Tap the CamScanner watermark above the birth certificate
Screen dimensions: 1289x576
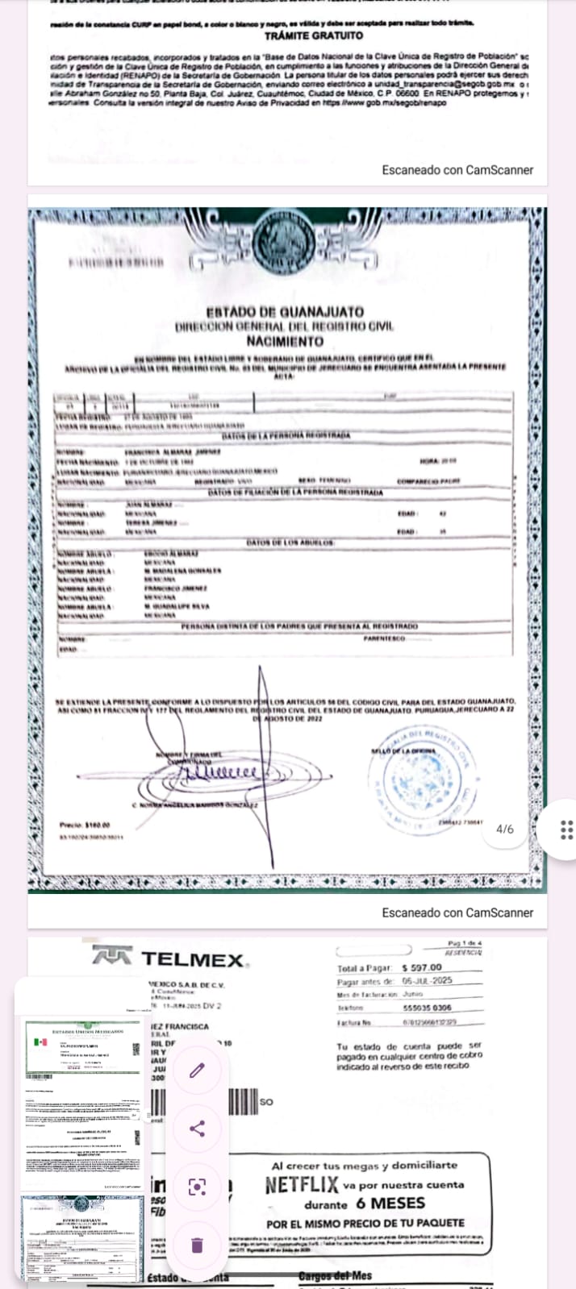click(x=457, y=170)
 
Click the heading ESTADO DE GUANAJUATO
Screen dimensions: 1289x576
click(x=285, y=312)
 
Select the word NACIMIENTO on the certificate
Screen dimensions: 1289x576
click(x=285, y=341)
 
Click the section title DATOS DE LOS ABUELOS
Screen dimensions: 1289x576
click(x=290, y=543)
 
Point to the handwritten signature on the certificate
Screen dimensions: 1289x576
click(x=218, y=774)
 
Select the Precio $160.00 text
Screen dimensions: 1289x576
click(x=85, y=825)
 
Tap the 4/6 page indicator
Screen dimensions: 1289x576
click(x=505, y=829)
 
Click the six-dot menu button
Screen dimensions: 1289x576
click(x=566, y=830)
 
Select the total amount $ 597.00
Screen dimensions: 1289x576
click(x=422, y=967)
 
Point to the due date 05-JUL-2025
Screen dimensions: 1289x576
click(x=428, y=981)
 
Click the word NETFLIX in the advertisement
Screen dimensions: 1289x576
click(x=302, y=1185)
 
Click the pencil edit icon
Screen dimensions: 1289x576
click(x=198, y=1070)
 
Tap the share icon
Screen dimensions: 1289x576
click(x=198, y=1128)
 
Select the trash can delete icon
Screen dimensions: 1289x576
click(x=198, y=1245)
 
